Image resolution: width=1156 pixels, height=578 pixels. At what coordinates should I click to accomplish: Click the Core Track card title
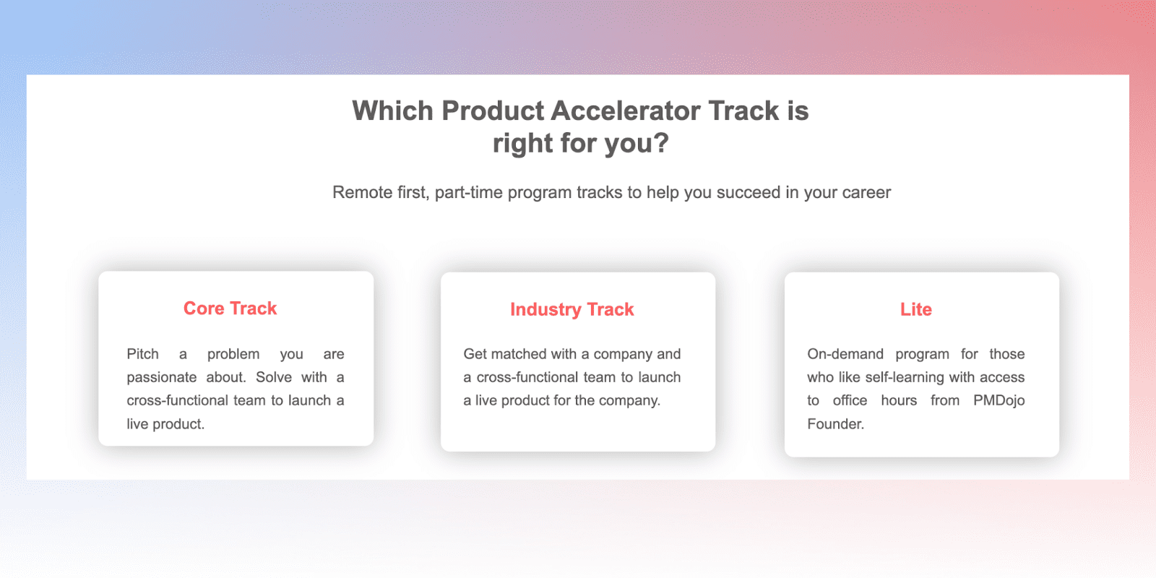tap(230, 308)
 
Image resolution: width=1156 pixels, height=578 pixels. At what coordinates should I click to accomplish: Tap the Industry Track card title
tap(571, 309)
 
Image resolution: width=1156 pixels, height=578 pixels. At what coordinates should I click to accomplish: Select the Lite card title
tap(916, 309)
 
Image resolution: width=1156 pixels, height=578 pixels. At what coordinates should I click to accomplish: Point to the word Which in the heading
tap(393, 111)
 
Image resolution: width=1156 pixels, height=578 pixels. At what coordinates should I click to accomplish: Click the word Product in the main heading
tap(493, 111)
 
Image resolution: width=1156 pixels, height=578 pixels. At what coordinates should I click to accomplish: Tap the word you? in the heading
tap(637, 143)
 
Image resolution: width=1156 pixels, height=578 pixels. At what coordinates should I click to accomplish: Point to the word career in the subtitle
tap(866, 193)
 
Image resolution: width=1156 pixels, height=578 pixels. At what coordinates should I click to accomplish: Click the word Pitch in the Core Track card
tap(143, 354)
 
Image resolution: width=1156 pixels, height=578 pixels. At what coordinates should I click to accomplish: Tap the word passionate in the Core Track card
tap(162, 377)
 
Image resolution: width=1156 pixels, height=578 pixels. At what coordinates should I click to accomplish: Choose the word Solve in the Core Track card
tap(274, 377)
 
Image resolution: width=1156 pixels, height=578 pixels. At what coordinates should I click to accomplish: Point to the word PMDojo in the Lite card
tap(999, 401)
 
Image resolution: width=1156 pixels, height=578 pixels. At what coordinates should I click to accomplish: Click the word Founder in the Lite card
tap(834, 423)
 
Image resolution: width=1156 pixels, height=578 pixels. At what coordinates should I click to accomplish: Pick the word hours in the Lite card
tap(899, 400)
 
